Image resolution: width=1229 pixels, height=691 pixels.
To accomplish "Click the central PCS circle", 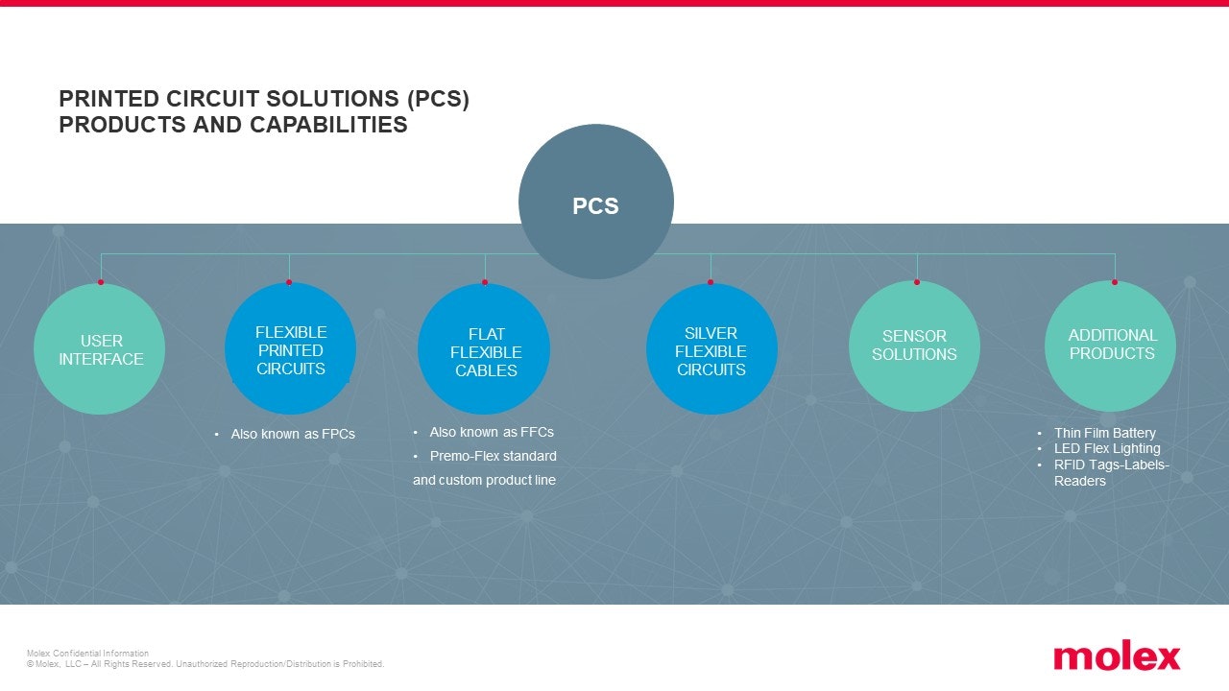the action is [x=596, y=202].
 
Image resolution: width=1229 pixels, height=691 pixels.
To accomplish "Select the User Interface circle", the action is [x=99, y=348].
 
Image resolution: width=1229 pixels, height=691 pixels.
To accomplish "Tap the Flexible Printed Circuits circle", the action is [x=290, y=348].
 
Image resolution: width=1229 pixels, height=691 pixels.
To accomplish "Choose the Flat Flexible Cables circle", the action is [x=484, y=348].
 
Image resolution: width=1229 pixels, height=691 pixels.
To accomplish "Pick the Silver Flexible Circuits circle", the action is [x=711, y=348].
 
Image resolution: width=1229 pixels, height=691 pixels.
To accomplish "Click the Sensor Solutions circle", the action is [x=915, y=346].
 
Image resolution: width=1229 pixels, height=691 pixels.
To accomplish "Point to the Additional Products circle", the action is [x=1111, y=346].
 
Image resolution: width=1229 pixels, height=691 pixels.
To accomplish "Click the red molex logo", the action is [x=1117, y=655].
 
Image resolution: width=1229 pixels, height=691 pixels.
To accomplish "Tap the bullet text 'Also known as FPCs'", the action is [x=293, y=435].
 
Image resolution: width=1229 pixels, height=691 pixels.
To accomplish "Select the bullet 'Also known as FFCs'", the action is [x=492, y=432].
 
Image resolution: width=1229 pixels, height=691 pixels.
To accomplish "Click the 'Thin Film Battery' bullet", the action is [x=1105, y=433].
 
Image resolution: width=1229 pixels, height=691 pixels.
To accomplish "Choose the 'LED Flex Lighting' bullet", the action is [x=1107, y=448].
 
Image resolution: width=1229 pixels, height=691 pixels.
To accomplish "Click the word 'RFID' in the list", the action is [x=1068, y=465].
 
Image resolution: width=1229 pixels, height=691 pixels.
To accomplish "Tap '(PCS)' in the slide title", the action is [x=439, y=99].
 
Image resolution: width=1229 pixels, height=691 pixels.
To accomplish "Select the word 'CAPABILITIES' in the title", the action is [x=328, y=125].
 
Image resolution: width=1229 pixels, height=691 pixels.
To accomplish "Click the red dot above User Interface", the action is [x=101, y=282].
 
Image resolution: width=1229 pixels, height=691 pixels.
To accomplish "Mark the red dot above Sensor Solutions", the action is [x=917, y=282].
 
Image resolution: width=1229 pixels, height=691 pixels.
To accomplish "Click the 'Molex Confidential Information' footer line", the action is [x=87, y=654].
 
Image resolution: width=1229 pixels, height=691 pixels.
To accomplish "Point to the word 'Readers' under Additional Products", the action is [x=1080, y=482].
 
